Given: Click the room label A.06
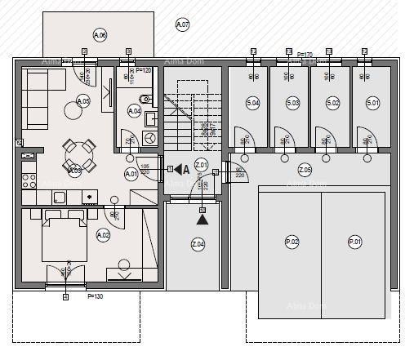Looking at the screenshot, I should [100, 35].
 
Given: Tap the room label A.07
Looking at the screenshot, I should [182, 25].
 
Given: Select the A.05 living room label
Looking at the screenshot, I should [82, 101].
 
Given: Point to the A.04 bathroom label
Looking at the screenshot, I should [135, 111].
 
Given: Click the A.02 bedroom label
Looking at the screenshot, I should [103, 235].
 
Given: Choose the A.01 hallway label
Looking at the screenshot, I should [131, 174].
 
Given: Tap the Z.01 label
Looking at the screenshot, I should [203, 167].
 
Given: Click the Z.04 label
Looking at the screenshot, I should [198, 244].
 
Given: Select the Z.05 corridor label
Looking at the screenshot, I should [305, 170].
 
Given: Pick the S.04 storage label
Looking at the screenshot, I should [252, 103].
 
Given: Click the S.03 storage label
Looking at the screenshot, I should [292, 103].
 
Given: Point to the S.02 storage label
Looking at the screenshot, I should [332, 103].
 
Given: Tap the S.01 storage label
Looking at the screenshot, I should [372, 103].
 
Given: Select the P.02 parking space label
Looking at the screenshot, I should [292, 242].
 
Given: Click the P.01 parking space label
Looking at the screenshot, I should [354, 242].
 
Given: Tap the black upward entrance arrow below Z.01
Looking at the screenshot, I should [202, 218].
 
